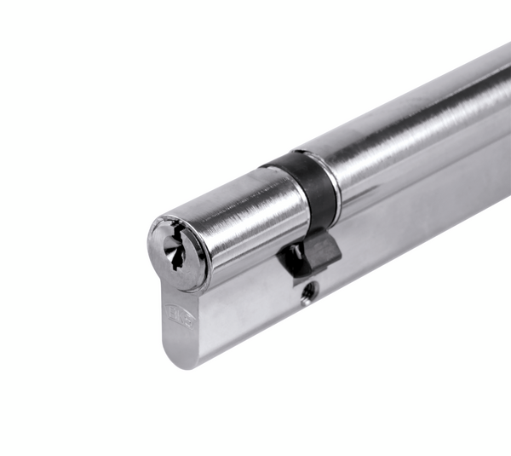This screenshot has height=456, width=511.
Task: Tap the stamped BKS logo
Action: point(181,317)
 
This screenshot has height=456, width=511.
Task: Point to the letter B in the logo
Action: point(174,314)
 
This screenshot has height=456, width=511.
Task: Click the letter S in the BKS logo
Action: point(188,321)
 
